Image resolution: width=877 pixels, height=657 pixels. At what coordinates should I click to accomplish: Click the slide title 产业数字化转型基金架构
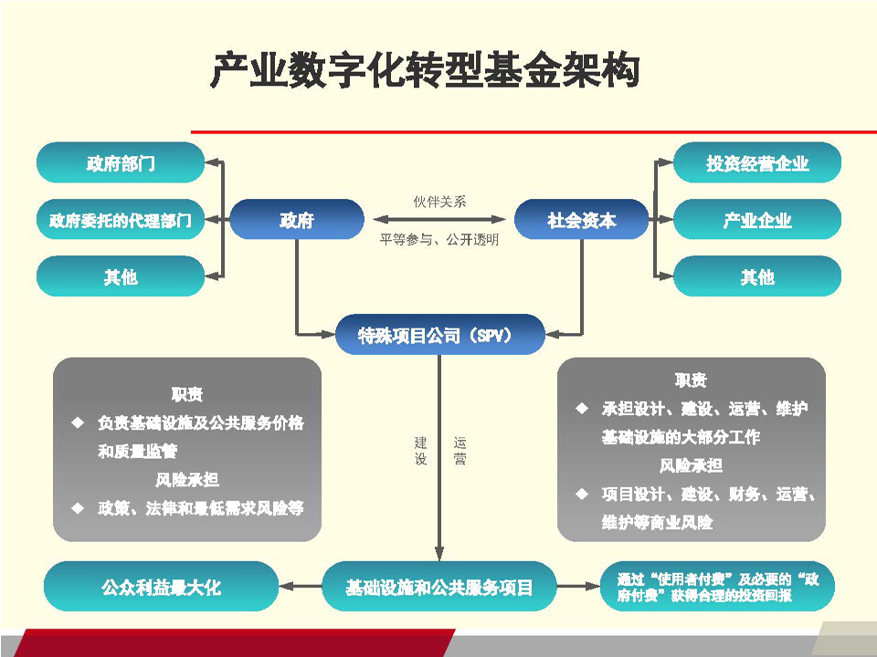[x=425, y=70]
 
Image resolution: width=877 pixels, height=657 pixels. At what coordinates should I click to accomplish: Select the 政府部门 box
[x=121, y=162]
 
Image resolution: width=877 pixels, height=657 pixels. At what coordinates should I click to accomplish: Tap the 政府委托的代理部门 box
[x=121, y=220]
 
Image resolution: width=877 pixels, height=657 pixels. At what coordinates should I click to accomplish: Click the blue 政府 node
[x=297, y=220]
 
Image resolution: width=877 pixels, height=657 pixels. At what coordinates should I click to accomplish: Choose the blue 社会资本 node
[x=582, y=220]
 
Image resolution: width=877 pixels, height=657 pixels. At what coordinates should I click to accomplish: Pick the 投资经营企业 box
[x=757, y=162]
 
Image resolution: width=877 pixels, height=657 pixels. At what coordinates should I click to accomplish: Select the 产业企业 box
[x=757, y=220]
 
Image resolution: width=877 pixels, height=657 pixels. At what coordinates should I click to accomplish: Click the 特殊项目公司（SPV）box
[x=439, y=335]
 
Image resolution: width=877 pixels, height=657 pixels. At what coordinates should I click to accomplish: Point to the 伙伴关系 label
[x=439, y=202]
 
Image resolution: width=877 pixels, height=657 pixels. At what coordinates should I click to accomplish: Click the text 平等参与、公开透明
[x=439, y=240]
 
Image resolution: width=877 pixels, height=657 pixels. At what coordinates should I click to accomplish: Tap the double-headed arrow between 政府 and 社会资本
[x=439, y=220]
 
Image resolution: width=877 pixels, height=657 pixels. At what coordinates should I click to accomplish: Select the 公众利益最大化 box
[x=161, y=587]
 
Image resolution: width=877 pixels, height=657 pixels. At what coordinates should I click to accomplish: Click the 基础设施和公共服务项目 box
[x=439, y=587]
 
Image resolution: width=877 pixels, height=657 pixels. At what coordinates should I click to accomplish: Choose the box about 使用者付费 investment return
[x=718, y=587]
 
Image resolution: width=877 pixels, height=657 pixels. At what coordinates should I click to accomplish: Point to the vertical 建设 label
[x=420, y=451]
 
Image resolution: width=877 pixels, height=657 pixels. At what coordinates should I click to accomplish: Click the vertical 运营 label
[x=460, y=451]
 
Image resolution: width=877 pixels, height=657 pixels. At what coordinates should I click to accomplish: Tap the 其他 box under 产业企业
[x=757, y=276]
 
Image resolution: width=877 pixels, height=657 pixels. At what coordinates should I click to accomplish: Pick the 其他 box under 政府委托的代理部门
[x=121, y=276]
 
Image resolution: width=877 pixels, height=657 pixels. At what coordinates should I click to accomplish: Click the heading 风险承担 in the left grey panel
[x=186, y=479]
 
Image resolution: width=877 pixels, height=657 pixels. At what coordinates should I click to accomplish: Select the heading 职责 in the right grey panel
[x=691, y=380]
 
